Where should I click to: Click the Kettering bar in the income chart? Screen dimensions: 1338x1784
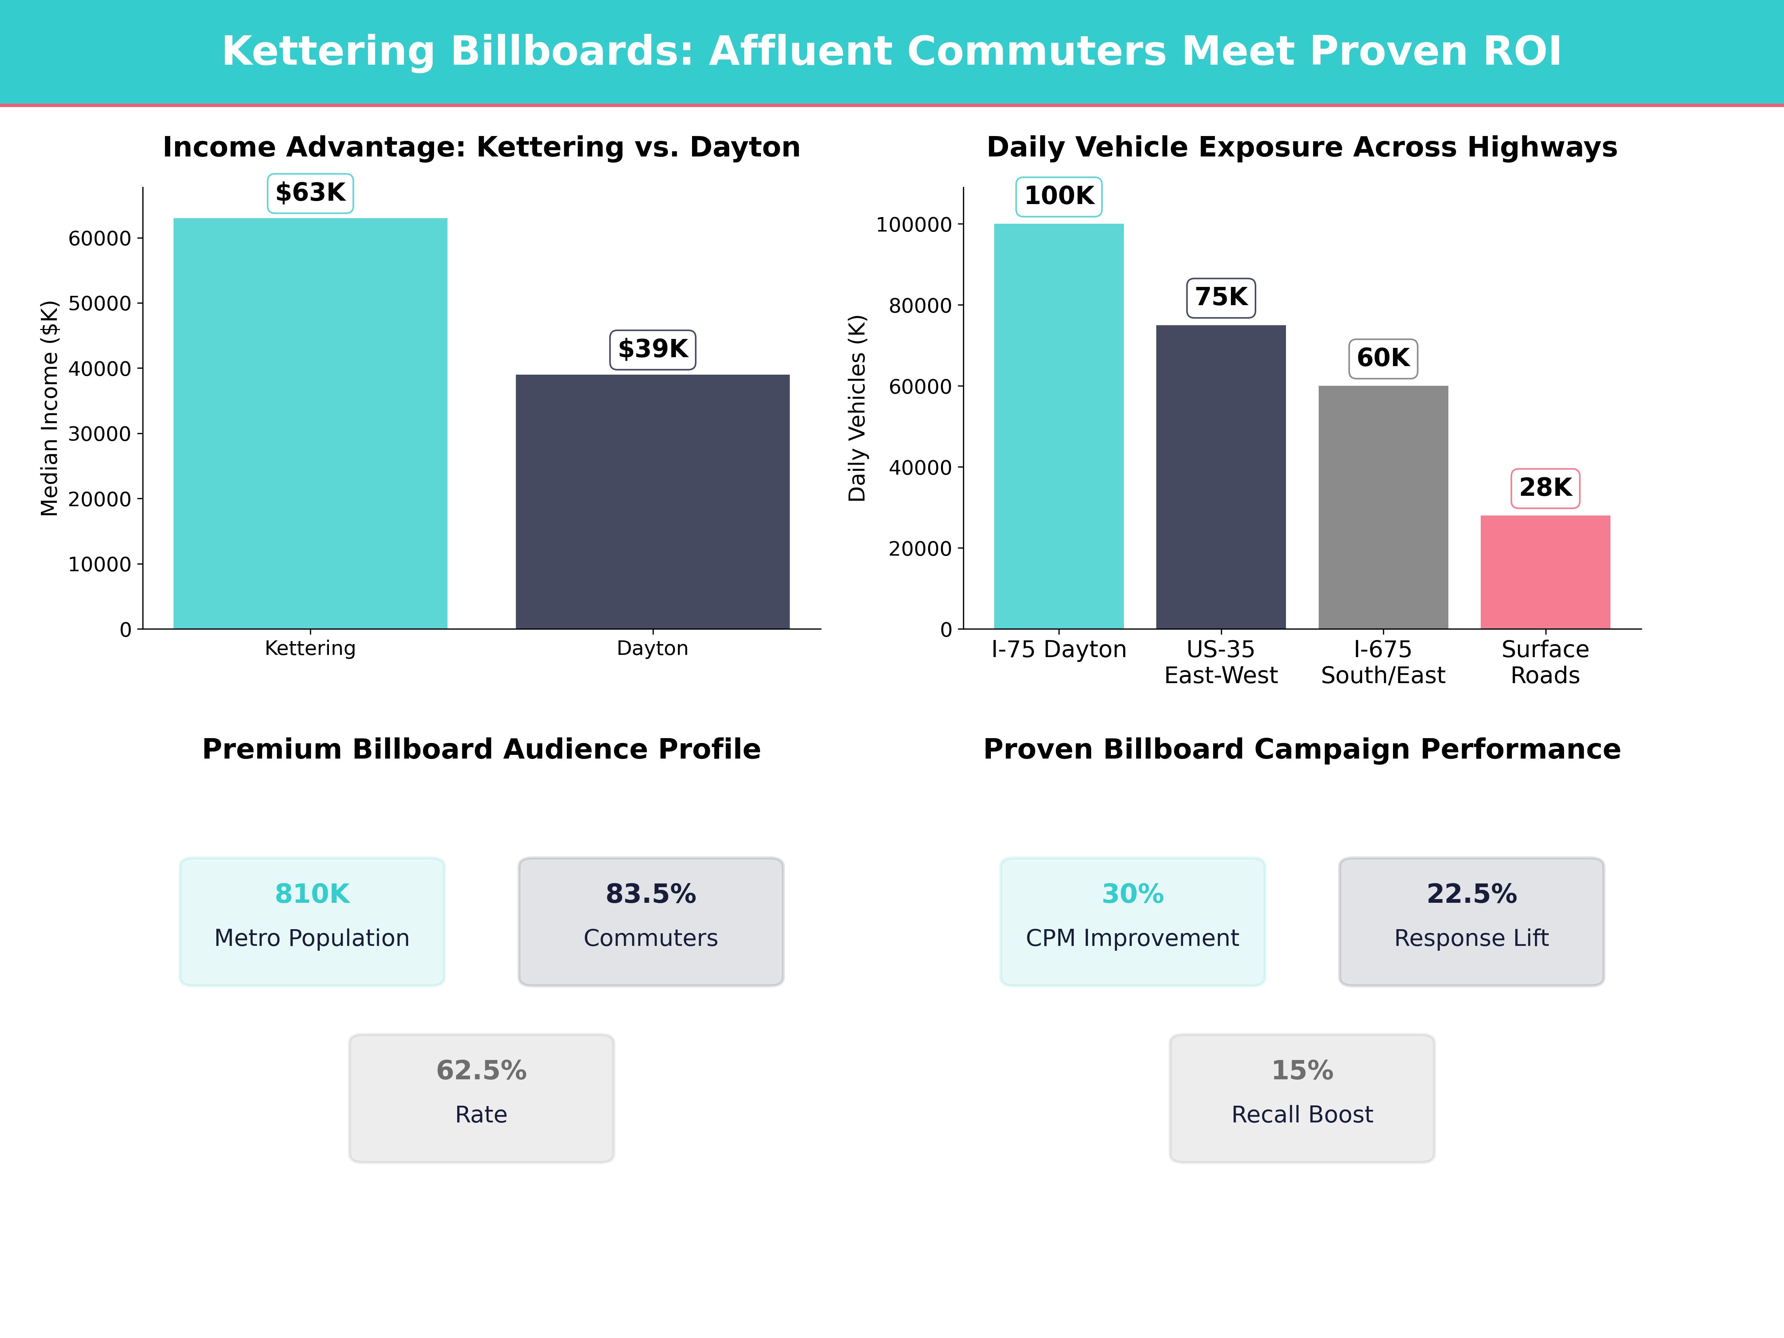tap(310, 423)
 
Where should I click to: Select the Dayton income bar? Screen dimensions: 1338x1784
tap(653, 502)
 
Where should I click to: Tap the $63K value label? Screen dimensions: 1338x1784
tap(310, 193)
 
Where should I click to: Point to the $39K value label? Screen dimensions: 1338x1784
tap(653, 349)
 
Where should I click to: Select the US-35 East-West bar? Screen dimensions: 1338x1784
tap(1221, 476)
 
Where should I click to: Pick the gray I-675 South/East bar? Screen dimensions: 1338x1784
tap(1383, 507)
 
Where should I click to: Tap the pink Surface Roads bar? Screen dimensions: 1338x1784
tap(1545, 572)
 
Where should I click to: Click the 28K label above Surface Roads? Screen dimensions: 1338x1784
tap(1545, 488)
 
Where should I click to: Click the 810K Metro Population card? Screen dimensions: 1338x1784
tap(312, 921)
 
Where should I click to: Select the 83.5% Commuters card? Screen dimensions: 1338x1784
tap(651, 921)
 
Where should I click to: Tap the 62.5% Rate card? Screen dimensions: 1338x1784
tap(481, 1098)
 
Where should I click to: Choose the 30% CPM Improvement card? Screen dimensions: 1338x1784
tap(1132, 921)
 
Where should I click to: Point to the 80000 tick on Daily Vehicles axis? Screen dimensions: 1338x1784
tap(920, 306)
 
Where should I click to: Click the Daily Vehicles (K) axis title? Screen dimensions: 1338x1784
tap(857, 408)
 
